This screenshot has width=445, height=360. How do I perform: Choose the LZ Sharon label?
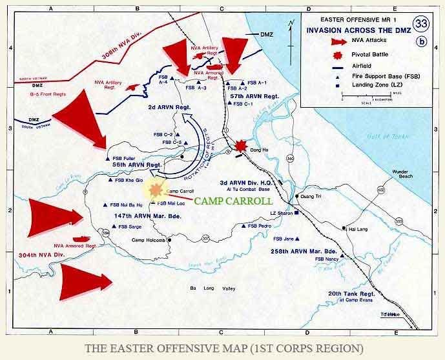coord(284,213)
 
